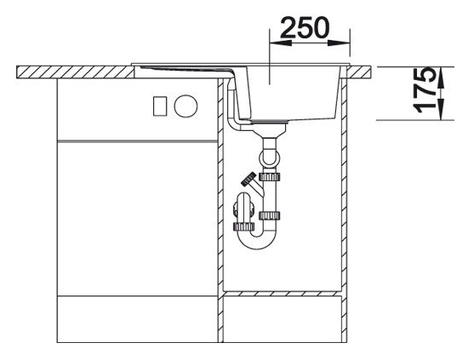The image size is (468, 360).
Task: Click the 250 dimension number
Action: tap(305, 27)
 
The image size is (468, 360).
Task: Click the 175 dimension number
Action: tap(424, 89)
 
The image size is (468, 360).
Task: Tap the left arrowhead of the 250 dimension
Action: tap(281, 43)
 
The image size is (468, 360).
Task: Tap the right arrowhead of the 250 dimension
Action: tap(339, 43)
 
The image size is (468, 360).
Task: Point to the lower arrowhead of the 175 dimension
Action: tap(441, 110)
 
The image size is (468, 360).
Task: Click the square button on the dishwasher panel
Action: tap(160, 106)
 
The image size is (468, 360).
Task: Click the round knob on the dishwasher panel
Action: tap(185, 106)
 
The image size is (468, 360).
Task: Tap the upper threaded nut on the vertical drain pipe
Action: tap(269, 177)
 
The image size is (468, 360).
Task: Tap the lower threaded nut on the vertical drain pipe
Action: tap(269, 215)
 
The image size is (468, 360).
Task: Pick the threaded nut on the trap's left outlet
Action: tap(243, 227)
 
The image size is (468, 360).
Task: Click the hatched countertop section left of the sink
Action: tap(75, 72)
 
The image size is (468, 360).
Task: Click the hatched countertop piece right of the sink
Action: tap(358, 72)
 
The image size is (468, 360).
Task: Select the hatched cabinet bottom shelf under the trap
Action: tap(283, 294)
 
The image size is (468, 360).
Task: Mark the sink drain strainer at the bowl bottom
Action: tap(269, 121)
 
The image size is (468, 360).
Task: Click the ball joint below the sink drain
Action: tap(269, 157)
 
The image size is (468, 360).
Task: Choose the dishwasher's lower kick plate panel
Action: tap(137, 319)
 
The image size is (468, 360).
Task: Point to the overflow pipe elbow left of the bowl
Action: tap(234, 124)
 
